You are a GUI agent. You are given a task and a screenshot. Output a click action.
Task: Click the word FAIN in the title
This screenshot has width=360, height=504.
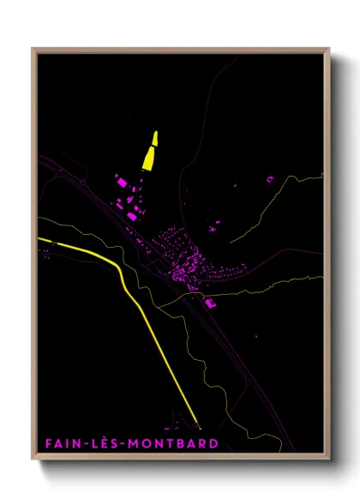tap(63, 443)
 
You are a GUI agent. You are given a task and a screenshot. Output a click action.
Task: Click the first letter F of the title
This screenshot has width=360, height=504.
tap(49, 443)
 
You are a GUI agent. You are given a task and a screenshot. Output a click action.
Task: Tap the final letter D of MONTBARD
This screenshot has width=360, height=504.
tap(213, 443)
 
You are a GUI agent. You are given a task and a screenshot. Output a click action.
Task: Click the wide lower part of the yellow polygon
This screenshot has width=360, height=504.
tap(148, 159)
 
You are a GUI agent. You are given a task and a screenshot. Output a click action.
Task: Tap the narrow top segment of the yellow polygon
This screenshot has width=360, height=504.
tap(155, 137)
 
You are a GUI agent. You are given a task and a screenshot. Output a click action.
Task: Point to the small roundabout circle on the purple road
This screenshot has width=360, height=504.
tap(82, 181)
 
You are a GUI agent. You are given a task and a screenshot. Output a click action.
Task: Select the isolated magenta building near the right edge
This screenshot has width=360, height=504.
tap(270, 179)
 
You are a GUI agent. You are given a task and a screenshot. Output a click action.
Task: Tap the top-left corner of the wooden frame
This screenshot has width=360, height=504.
tap(33, 49)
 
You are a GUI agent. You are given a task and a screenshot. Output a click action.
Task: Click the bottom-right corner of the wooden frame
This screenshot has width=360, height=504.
tap(329, 458)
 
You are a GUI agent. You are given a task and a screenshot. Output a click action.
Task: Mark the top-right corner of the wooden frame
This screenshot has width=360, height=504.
tap(329, 49)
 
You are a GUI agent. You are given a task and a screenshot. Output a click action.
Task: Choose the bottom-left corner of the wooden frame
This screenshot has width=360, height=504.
tap(33, 458)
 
